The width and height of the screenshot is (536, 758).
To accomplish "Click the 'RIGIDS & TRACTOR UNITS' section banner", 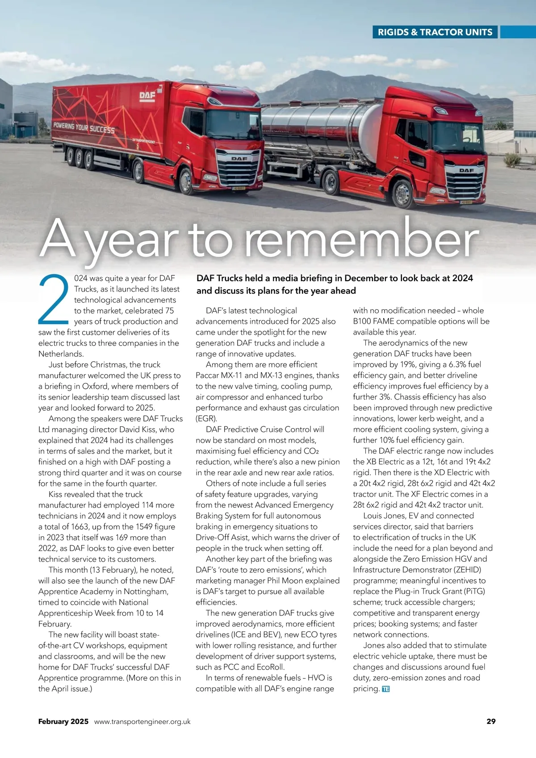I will pos(435,32).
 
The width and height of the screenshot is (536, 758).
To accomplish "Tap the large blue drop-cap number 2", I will pos(53,299).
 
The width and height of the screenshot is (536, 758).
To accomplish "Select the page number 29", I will pos(491,721).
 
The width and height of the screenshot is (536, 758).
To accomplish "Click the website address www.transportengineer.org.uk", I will pos(142,721).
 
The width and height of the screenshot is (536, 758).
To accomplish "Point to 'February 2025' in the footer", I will pos(63,721).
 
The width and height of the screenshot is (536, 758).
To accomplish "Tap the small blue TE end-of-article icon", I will pos(386,689).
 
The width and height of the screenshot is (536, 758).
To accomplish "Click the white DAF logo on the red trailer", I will pos(147,96).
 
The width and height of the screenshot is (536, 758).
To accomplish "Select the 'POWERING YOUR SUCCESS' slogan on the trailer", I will pos(84,128).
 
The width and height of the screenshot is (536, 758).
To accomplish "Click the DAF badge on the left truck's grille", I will pos(239,159).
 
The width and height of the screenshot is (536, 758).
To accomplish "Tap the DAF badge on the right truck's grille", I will pos(466,170).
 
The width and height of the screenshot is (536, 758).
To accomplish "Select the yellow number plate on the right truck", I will pos(466,202).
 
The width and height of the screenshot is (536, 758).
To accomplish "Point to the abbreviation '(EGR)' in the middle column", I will pos(206,419).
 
